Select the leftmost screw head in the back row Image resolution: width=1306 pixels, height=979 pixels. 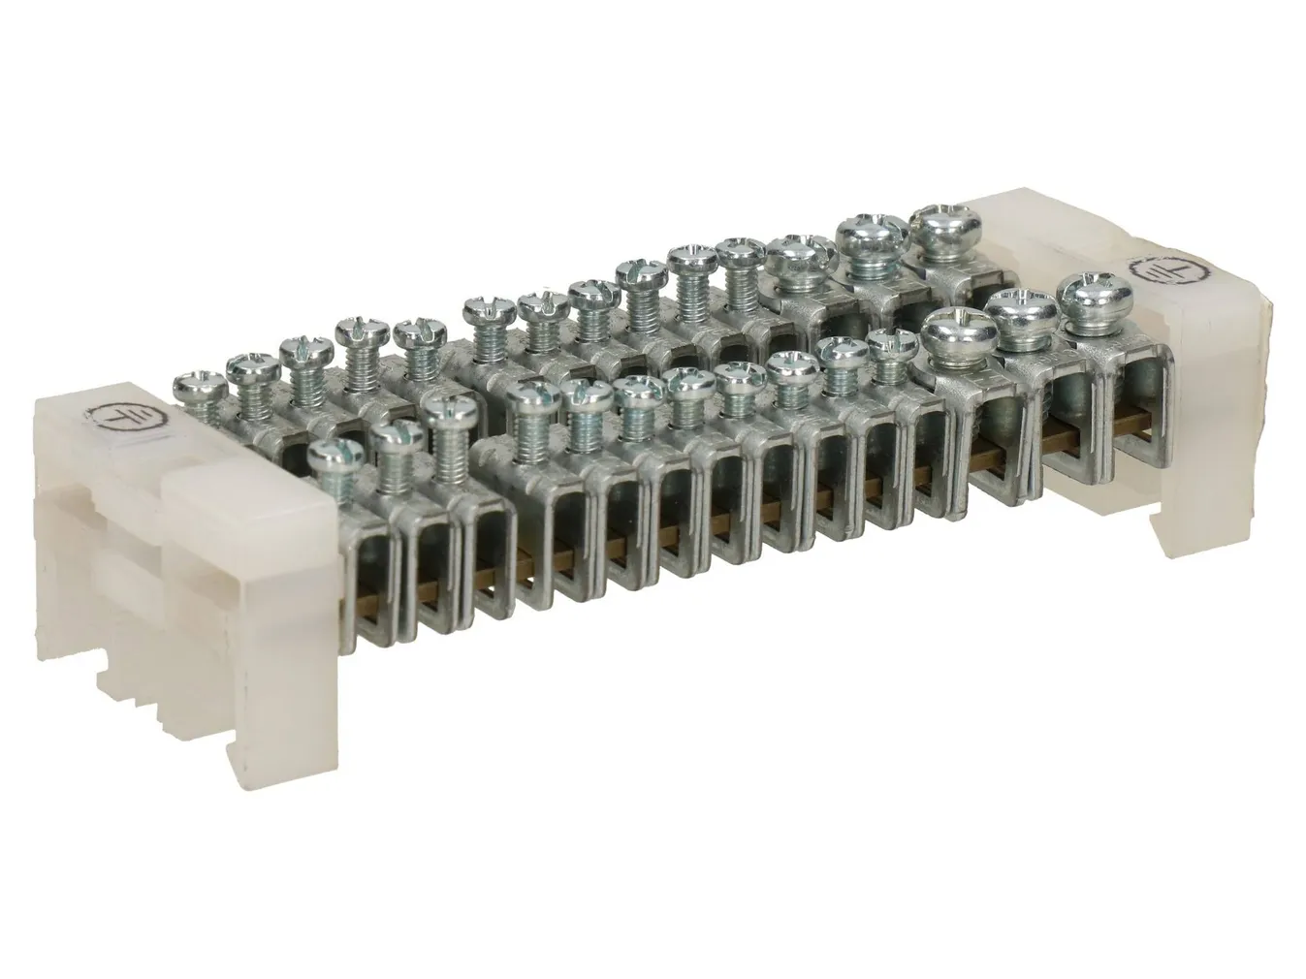click(x=201, y=385)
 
